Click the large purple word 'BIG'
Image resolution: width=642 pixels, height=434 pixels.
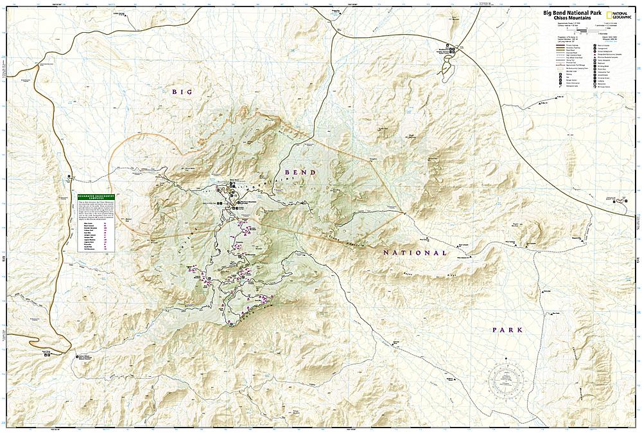(182, 92)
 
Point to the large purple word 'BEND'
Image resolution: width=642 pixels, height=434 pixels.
(299, 172)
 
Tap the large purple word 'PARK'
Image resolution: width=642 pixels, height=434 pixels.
(508, 329)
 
